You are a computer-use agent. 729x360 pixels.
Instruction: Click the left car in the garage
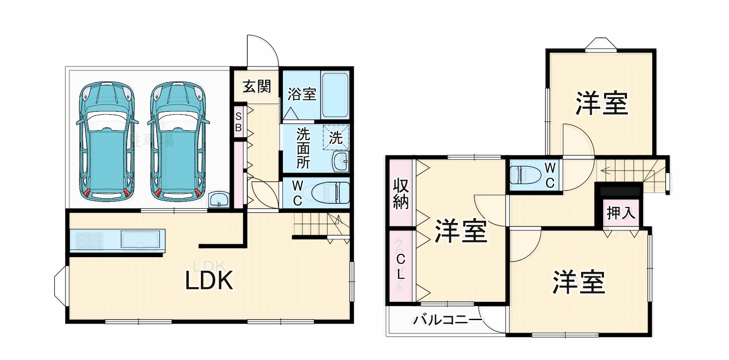(x=107, y=141)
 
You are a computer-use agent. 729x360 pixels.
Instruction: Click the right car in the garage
(x=178, y=141)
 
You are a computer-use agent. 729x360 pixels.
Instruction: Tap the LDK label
(x=210, y=280)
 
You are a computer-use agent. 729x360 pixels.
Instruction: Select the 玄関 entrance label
(x=257, y=86)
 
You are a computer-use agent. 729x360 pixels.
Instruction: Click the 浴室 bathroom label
(x=302, y=94)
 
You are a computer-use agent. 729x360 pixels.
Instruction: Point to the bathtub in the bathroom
(x=335, y=96)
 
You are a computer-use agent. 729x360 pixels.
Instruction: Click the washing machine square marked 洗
(x=336, y=137)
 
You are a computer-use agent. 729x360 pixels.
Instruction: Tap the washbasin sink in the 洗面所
(x=340, y=162)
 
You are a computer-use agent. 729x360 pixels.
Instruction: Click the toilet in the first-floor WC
(x=330, y=192)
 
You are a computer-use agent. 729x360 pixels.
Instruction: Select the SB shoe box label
(x=238, y=122)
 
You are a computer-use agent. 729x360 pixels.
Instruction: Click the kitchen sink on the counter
(x=140, y=240)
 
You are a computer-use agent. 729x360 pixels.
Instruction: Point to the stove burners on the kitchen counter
(x=89, y=240)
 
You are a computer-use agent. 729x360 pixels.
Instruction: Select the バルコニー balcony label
(x=447, y=321)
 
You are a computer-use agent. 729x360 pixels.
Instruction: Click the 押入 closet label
(x=621, y=213)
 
